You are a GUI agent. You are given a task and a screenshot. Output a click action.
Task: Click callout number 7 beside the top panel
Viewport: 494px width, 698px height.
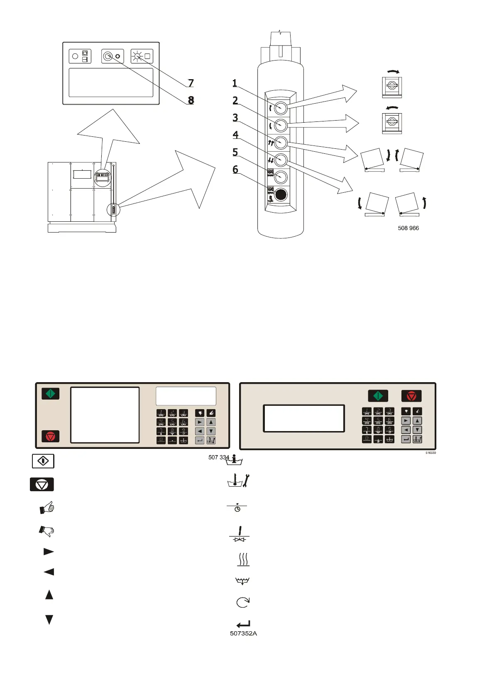coord(191,83)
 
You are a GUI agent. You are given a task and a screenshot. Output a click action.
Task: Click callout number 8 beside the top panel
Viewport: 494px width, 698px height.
coord(191,100)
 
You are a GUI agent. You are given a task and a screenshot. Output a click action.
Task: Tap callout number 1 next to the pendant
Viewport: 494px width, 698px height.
coord(235,83)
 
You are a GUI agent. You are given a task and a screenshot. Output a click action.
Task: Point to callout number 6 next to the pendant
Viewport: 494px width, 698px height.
coord(235,170)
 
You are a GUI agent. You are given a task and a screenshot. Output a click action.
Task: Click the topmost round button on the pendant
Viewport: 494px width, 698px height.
coord(281,108)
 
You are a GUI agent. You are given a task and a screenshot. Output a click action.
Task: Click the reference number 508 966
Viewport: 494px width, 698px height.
coord(408,228)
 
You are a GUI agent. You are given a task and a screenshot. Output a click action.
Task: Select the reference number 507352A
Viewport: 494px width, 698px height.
coord(243,633)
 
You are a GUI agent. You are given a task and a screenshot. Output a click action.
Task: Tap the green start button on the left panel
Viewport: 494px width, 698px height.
coord(51,393)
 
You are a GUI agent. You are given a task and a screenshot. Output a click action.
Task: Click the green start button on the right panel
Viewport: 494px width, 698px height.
coord(378,396)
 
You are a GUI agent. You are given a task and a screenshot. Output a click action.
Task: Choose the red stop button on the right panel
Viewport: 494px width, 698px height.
coord(411,396)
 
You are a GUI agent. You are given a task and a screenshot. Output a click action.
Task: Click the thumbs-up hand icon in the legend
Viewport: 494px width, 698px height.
coord(47,507)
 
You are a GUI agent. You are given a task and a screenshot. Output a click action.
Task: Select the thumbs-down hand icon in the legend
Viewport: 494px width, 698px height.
coord(47,531)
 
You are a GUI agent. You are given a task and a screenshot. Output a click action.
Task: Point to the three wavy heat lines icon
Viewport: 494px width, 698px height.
coord(243,559)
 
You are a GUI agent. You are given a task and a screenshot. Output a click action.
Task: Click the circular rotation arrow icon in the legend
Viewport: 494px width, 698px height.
coord(243,602)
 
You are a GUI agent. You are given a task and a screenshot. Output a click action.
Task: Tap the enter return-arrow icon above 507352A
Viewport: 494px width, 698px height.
coord(243,624)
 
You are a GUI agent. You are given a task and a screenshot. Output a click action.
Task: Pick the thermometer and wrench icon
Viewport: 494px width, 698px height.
coord(238,481)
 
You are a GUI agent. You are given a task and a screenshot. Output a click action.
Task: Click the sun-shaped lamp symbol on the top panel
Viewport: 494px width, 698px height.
coord(137,56)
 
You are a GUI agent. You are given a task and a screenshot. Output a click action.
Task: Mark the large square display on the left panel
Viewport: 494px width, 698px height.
coord(105,415)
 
